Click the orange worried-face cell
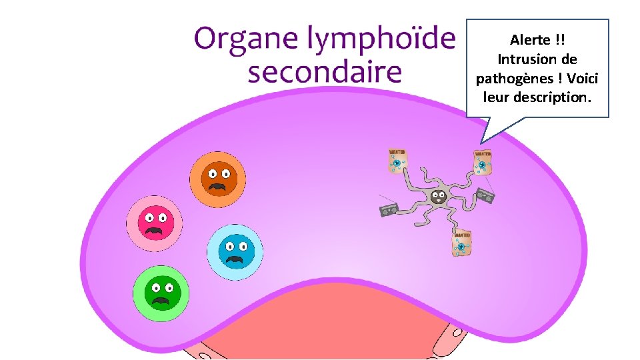217,179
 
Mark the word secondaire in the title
325,71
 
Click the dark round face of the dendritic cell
437,197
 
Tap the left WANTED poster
398,161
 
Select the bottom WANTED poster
462,243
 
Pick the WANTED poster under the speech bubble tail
482,162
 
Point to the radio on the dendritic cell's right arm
485,195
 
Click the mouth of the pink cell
155,231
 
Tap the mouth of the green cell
161,301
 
